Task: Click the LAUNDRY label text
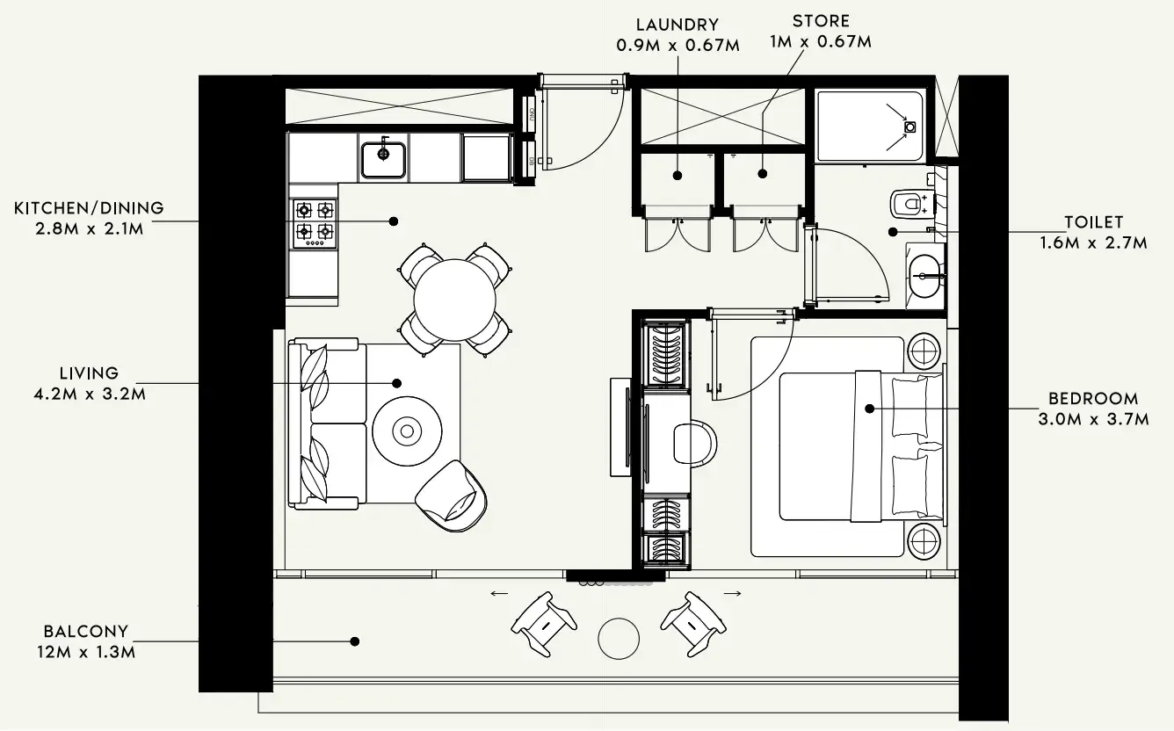(678, 25)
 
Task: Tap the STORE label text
(821, 21)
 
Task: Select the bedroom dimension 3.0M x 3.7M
(1093, 419)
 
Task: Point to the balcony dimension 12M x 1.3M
(86, 652)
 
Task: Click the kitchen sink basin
(383, 159)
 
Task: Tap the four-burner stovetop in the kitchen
(314, 224)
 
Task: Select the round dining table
(454, 300)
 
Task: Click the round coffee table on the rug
(407, 431)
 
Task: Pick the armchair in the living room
(452, 496)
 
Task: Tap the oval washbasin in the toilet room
(925, 276)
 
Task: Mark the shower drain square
(910, 127)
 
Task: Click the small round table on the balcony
(619, 639)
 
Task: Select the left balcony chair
(543, 624)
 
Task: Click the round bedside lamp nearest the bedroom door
(924, 351)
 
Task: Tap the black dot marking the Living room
(396, 384)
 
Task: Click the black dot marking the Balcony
(355, 641)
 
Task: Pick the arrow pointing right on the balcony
(732, 594)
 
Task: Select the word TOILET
(1094, 222)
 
